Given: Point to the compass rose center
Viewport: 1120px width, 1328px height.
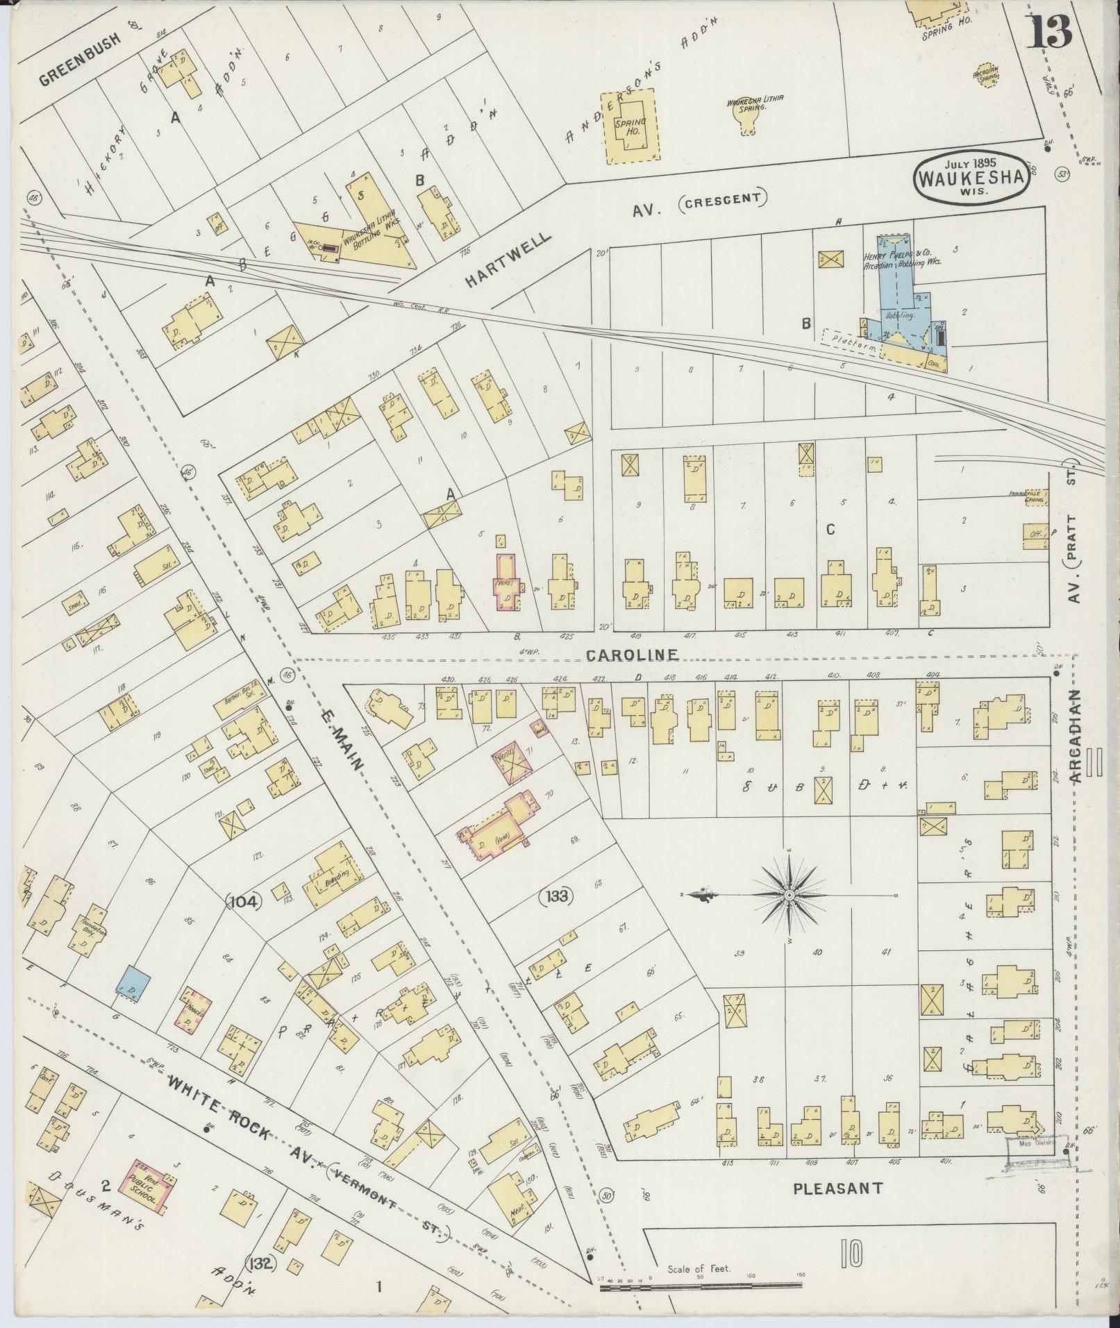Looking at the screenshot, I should (x=789, y=895).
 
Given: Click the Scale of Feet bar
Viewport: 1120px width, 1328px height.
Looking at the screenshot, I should (x=701, y=1288).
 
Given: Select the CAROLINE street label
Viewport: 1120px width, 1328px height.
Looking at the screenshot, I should (x=631, y=655).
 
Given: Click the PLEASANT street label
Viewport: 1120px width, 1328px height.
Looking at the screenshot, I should (x=838, y=1188).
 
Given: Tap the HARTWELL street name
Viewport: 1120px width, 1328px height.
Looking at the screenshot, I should (x=508, y=258).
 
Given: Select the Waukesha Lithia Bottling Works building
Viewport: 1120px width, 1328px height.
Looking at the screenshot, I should (x=361, y=229).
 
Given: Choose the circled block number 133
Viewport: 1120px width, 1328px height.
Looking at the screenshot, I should (x=558, y=896).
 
